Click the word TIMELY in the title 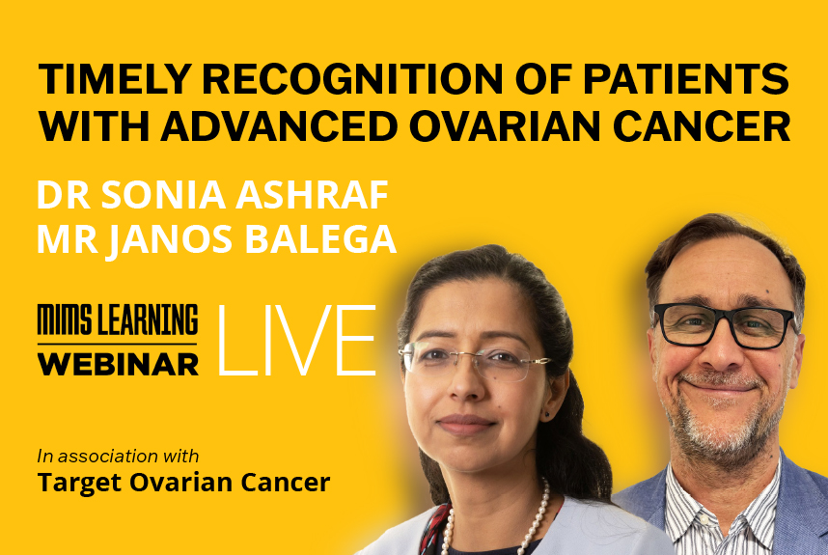(115, 79)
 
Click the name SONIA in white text (164, 194)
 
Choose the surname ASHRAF (313, 194)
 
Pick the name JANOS (171, 240)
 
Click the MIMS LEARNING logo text (117, 319)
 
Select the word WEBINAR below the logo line (118, 364)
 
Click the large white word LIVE (297, 340)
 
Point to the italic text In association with (118, 456)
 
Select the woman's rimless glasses (473, 360)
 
